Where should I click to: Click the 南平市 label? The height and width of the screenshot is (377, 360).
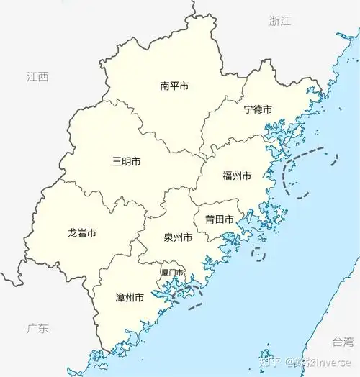click(x=174, y=86)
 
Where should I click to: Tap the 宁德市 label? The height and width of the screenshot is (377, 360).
click(x=258, y=109)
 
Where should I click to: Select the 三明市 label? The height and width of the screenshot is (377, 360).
click(x=126, y=161)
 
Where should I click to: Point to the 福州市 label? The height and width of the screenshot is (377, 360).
click(x=237, y=176)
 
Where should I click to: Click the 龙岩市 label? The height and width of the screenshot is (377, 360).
click(x=82, y=233)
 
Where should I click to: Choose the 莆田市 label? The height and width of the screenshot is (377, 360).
click(x=218, y=219)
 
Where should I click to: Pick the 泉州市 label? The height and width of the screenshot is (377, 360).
click(x=177, y=237)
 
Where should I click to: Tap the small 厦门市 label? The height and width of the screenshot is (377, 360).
click(x=173, y=273)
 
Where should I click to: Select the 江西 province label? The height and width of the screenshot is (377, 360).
click(x=37, y=77)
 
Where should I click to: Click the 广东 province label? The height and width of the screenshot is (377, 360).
click(x=37, y=329)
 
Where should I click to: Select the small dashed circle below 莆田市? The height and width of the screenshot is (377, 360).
click(x=258, y=254)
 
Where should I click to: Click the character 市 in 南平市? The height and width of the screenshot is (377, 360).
click(x=184, y=86)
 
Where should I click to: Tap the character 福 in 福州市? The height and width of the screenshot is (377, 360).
click(x=228, y=176)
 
